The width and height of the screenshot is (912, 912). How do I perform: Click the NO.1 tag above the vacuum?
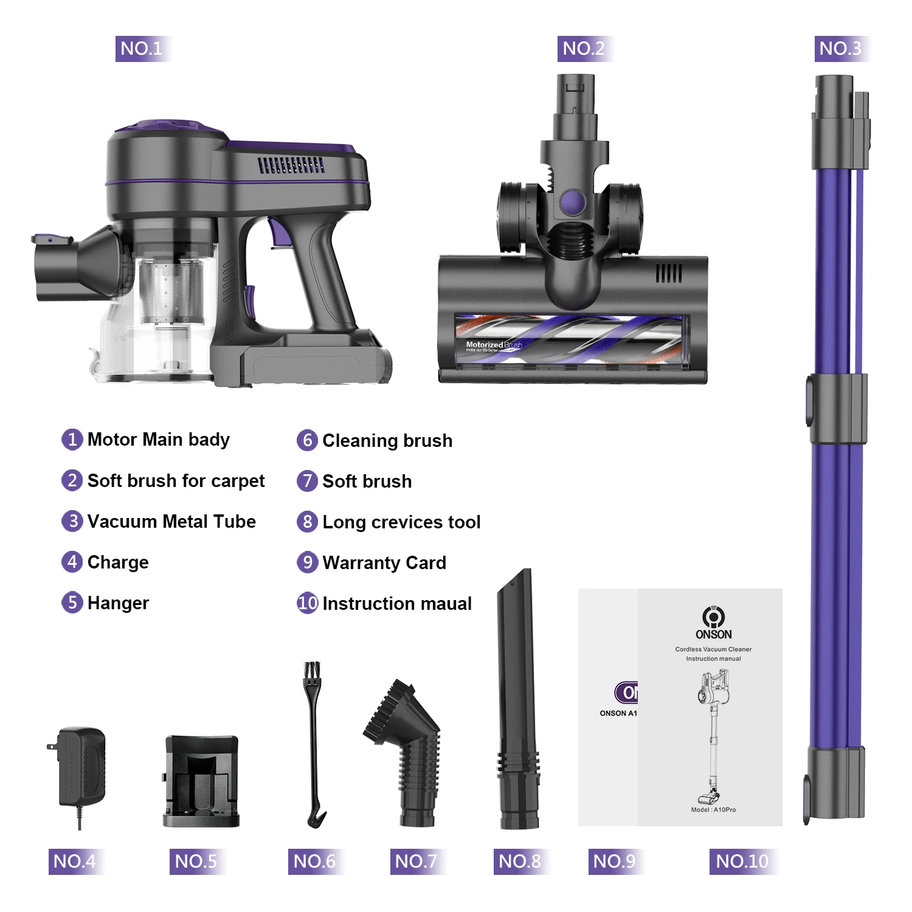(142, 49)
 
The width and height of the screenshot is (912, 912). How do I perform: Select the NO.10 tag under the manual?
(742, 861)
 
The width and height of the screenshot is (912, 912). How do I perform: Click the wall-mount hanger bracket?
(201, 781)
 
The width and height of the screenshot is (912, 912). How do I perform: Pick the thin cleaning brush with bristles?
(314, 745)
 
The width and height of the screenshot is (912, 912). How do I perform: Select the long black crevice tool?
(517, 699)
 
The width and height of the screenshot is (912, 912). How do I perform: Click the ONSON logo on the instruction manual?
(713, 623)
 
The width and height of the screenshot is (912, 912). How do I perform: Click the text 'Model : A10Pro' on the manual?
(713, 810)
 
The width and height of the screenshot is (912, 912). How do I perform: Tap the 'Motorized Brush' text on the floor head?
(493, 345)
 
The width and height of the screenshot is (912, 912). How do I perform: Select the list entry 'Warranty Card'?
(384, 563)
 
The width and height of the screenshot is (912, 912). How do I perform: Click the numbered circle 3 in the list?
(72, 521)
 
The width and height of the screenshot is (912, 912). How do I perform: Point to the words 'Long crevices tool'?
(401, 522)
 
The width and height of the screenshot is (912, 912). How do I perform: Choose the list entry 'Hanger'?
(118, 603)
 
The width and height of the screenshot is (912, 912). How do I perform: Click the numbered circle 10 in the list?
(308, 603)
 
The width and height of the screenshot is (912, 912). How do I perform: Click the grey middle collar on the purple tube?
(837, 409)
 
